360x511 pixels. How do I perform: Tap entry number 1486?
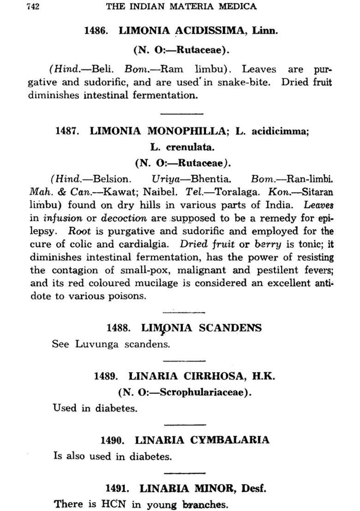coord(96,31)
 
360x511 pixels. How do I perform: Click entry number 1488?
coord(119,328)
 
